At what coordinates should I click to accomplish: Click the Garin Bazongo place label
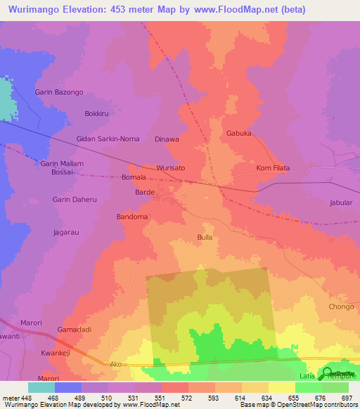59,93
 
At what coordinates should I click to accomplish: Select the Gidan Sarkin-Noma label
108,139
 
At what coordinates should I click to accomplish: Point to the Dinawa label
167,139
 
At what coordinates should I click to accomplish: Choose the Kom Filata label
273,169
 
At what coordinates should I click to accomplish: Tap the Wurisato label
171,169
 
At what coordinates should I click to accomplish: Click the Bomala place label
134,178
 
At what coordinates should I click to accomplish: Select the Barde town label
144,192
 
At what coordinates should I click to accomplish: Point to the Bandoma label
132,217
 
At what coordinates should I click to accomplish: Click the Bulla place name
205,238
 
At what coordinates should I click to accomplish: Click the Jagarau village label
66,231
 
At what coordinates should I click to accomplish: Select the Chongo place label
341,307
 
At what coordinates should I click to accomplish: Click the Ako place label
116,365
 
